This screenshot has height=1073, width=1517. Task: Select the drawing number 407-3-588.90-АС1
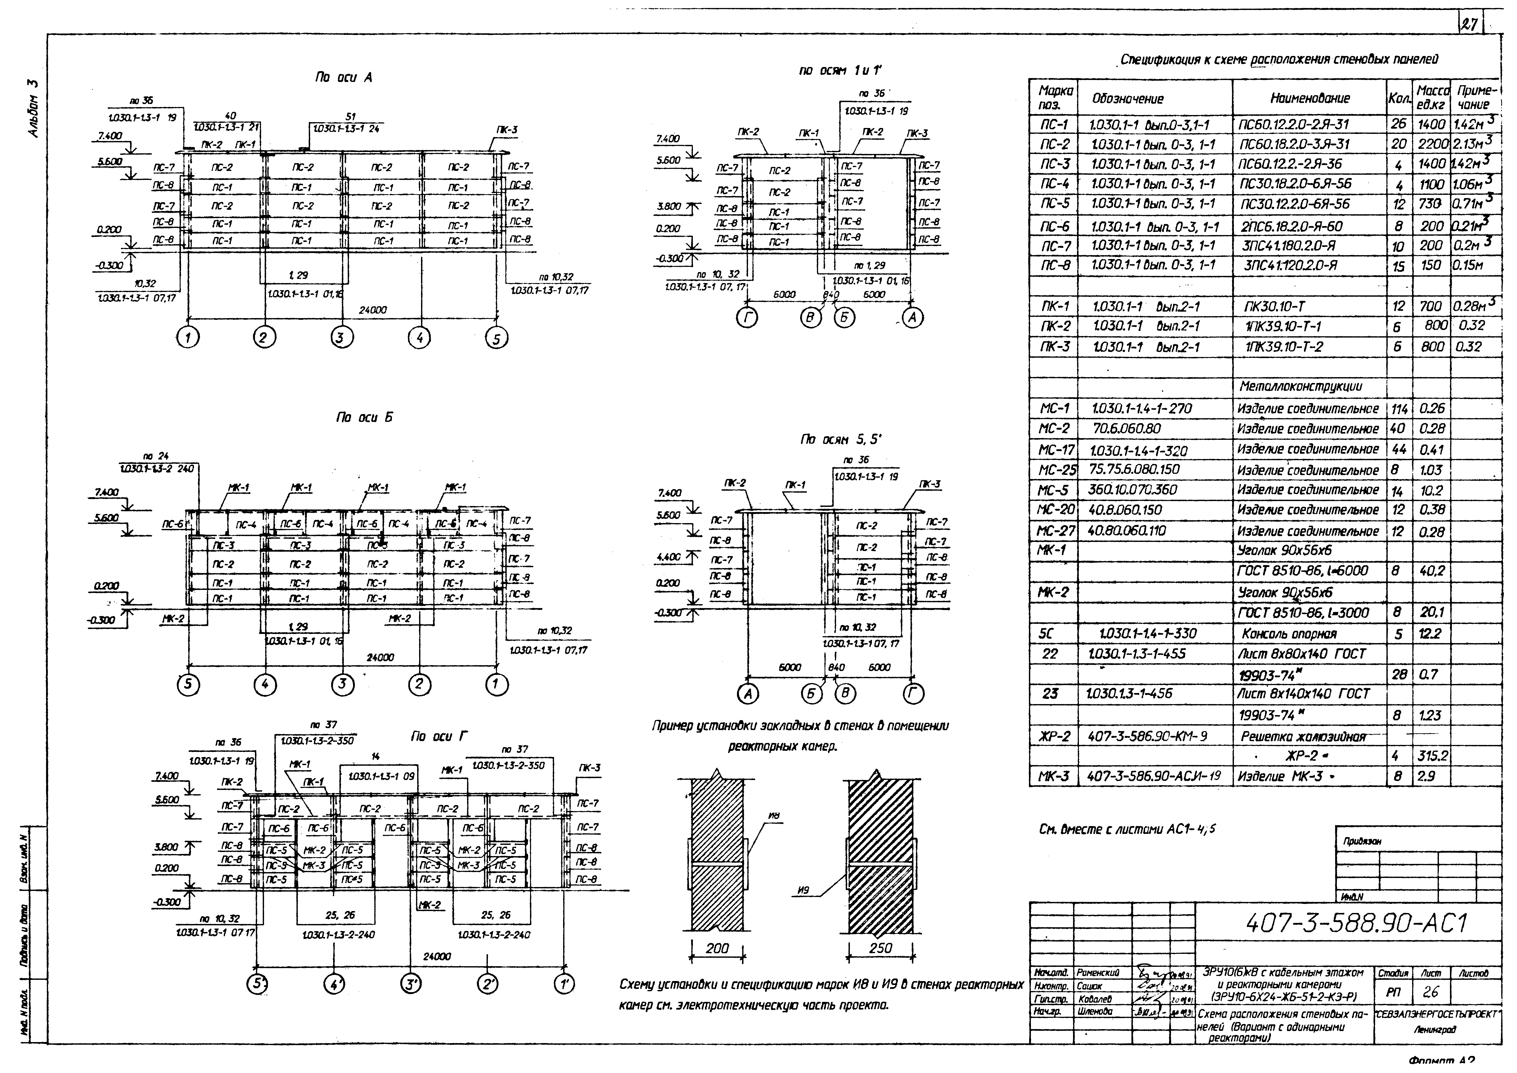tap(1357, 923)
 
